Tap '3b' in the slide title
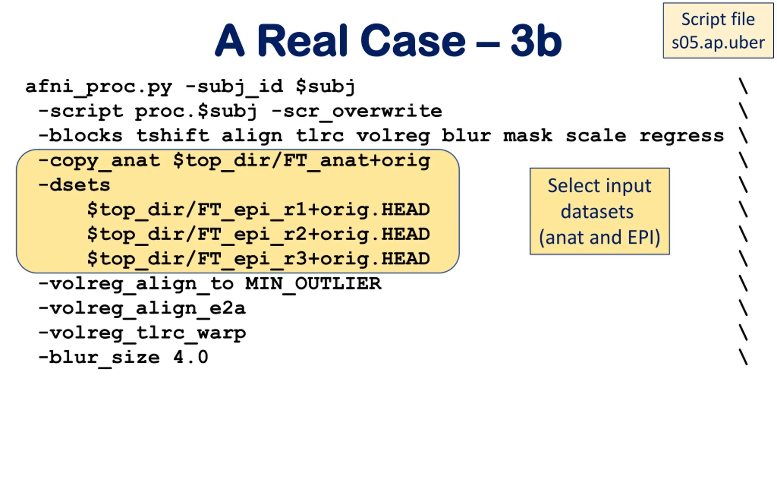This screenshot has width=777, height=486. click(536, 40)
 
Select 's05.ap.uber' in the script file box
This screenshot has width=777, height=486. click(718, 43)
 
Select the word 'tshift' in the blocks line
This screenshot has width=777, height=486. click(173, 136)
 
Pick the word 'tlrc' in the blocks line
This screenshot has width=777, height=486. click(320, 136)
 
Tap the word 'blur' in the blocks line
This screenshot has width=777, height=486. click(467, 136)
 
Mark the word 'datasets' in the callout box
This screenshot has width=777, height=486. click(597, 211)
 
